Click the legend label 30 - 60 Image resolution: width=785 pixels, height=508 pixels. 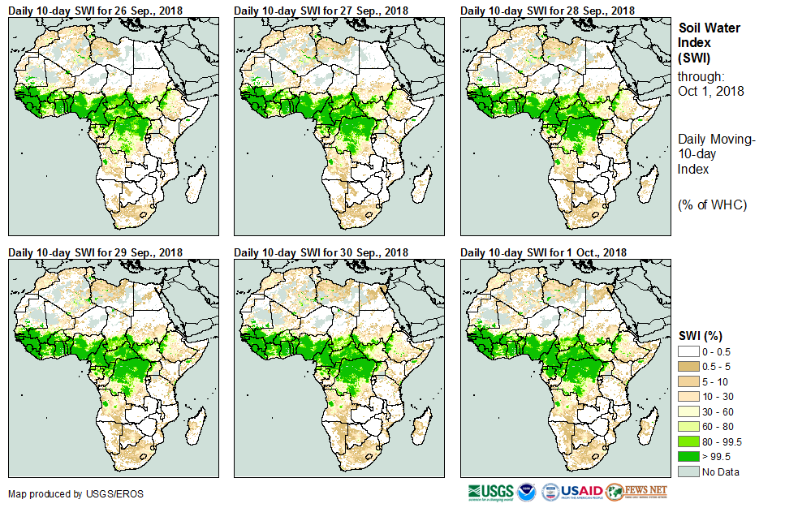coord(718,411)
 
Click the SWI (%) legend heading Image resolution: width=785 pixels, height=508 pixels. coord(701,336)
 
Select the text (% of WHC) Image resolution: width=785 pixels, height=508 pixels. coord(712,204)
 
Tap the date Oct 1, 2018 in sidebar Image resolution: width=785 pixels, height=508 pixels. coord(711,91)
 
